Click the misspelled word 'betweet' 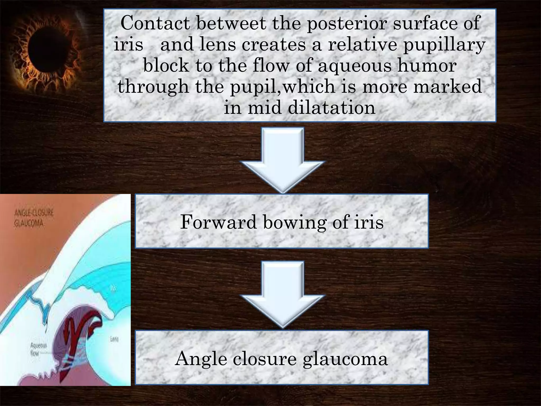[x=231, y=23]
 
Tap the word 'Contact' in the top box [x=155, y=23]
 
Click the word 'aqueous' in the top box [x=354, y=66]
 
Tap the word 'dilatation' [x=332, y=108]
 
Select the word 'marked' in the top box [x=447, y=87]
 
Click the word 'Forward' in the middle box [x=218, y=222]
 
